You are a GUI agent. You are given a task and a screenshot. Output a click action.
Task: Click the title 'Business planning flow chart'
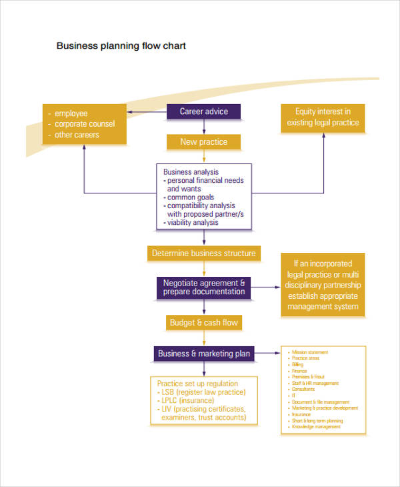point(121,46)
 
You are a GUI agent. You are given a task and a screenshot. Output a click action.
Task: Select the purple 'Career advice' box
point(203,111)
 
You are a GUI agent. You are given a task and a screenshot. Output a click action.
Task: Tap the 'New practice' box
point(203,141)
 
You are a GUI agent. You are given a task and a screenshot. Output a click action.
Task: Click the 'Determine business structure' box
point(203,254)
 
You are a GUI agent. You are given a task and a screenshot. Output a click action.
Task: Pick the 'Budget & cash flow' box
point(203,323)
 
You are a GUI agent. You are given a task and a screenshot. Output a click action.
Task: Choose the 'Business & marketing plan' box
point(203,354)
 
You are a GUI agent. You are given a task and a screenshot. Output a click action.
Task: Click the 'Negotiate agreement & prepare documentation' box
point(203,287)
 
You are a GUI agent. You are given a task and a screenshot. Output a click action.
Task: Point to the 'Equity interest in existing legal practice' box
point(323,117)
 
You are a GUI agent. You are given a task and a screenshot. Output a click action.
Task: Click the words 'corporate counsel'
point(85,124)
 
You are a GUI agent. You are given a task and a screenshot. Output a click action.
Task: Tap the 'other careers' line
point(77,135)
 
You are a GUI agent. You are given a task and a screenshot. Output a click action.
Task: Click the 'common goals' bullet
point(191,197)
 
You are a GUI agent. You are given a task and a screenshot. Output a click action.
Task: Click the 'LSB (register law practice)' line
point(201,392)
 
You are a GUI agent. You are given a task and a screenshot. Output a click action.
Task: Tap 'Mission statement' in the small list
point(310,352)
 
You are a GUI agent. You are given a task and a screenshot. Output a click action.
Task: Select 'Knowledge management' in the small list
point(315,426)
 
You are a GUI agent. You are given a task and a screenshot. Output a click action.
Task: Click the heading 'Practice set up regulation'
point(197,384)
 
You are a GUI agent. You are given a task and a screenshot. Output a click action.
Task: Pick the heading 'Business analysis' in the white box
point(191,172)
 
